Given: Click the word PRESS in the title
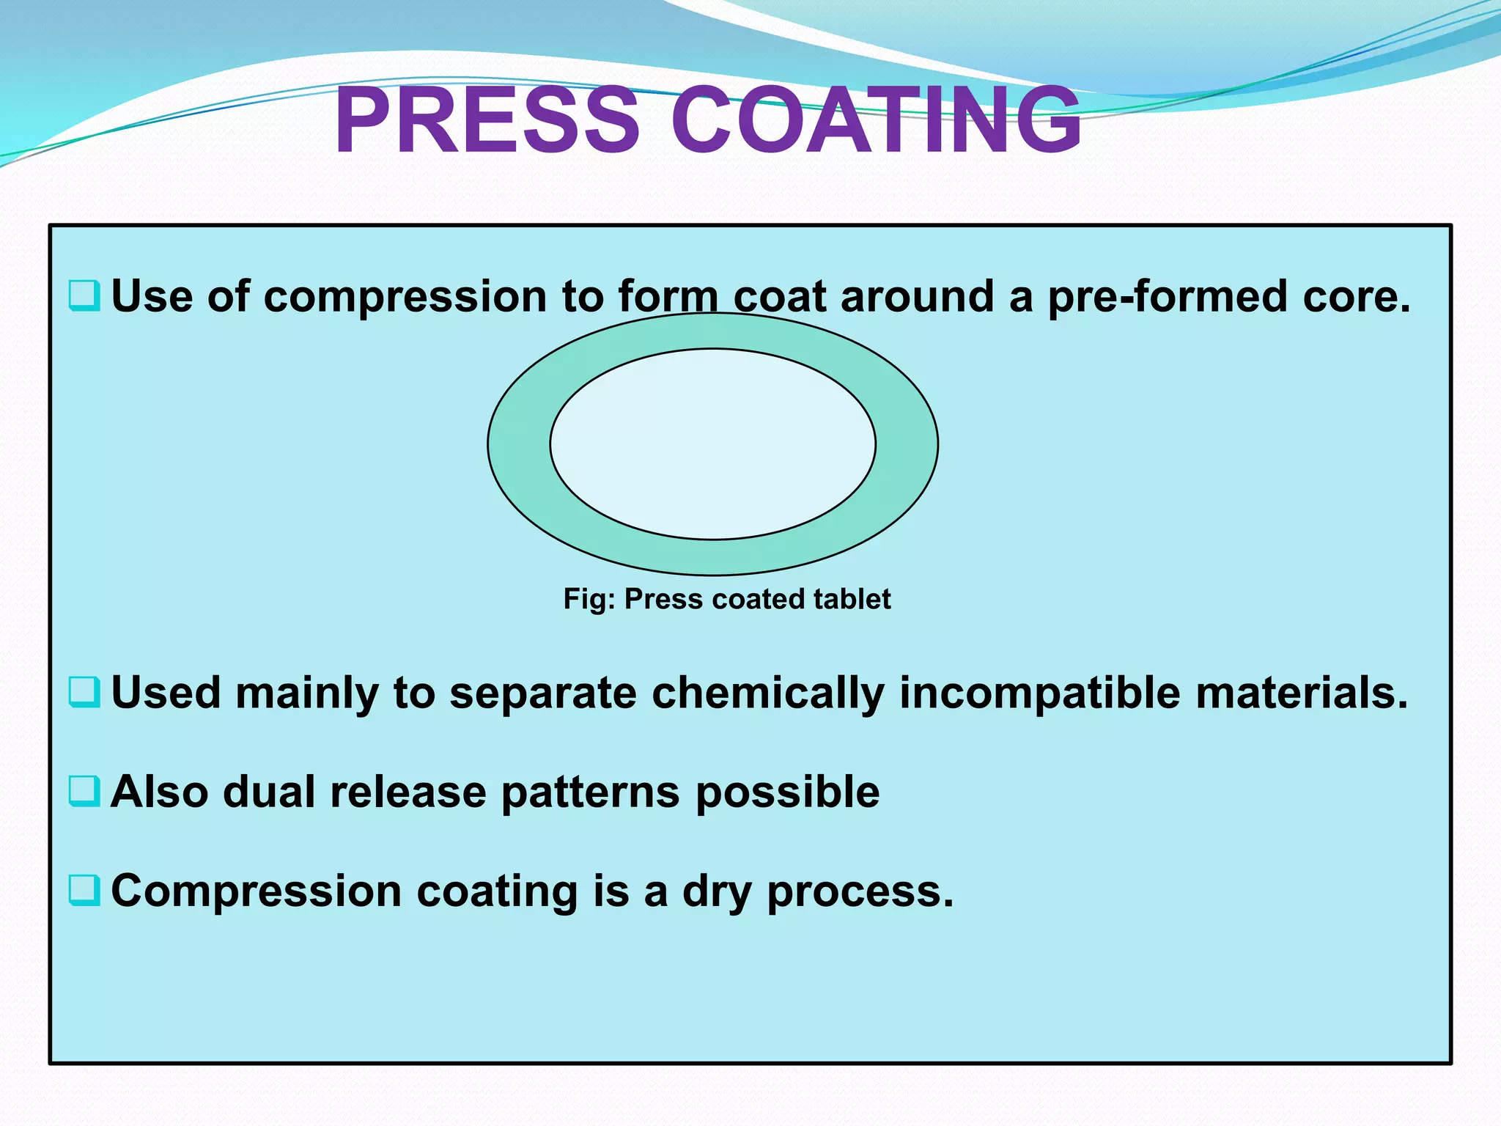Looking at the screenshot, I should [x=487, y=121].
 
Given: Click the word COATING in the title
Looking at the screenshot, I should [x=876, y=121].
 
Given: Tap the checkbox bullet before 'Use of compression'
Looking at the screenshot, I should [x=84, y=295].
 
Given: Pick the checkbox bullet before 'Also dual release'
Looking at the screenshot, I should [x=84, y=791].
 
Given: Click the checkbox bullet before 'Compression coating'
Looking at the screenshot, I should [x=84, y=890].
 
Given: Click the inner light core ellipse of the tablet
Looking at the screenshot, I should [x=712, y=444].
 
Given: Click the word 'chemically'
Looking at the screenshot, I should [x=767, y=693].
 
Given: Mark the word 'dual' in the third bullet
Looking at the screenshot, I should [x=269, y=792].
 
